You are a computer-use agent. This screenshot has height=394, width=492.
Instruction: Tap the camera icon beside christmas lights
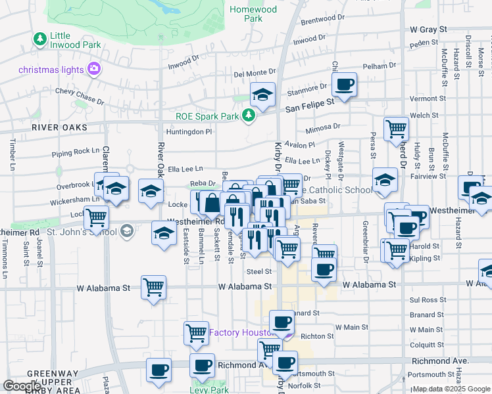click(x=93, y=68)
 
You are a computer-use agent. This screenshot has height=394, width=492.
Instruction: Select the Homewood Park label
click(x=253, y=14)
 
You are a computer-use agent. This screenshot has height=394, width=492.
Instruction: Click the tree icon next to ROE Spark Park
click(x=249, y=116)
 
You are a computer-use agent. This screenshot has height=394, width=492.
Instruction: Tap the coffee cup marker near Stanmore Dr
click(x=344, y=85)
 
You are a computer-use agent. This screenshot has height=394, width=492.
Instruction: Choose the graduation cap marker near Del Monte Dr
click(x=262, y=95)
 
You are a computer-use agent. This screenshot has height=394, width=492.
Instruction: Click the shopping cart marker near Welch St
click(x=397, y=129)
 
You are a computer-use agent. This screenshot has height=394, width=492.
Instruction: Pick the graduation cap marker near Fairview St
click(x=385, y=180)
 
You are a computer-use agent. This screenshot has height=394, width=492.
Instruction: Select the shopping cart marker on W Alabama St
click(x=153, y=287)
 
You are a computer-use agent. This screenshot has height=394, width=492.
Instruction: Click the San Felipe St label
click(x=309, y=105)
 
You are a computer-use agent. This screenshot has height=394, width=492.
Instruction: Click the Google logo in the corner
click(x=22, y=386)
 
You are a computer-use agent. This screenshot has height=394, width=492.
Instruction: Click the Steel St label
click(x=259, y=271)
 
